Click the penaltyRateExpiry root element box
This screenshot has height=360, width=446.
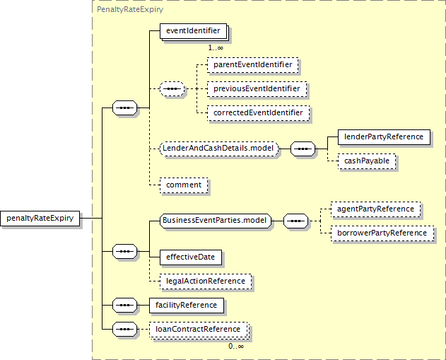pos(40,219)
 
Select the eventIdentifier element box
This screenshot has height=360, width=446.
pos(194,31)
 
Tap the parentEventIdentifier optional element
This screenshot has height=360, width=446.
pos(253,65)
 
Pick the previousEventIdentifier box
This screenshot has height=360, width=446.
pos(257,89)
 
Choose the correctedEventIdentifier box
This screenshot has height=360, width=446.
pos(258,113)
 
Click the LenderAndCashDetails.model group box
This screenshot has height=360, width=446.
pos(219,149)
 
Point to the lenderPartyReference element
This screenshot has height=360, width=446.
pos(384,137)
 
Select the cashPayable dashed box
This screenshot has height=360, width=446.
pos(367,161)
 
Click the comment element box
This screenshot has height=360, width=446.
pos(184,185)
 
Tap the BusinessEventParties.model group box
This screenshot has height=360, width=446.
pos(216,221)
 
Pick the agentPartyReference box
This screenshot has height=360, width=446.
pos(375,209)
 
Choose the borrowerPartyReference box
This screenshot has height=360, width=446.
pos(382,233)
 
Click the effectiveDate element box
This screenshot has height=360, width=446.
pos(191,257)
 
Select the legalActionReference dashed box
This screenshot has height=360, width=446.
pos(206,281)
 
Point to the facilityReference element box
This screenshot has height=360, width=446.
pos(187,306)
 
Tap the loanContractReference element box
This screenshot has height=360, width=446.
pos(198,330)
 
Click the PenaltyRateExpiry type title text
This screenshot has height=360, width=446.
pos(130,9)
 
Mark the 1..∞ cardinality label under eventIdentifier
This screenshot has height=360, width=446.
pos(216,47)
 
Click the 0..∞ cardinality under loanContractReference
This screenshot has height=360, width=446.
pos(236,347)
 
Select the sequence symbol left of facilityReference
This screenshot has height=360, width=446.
pos(124,306)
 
